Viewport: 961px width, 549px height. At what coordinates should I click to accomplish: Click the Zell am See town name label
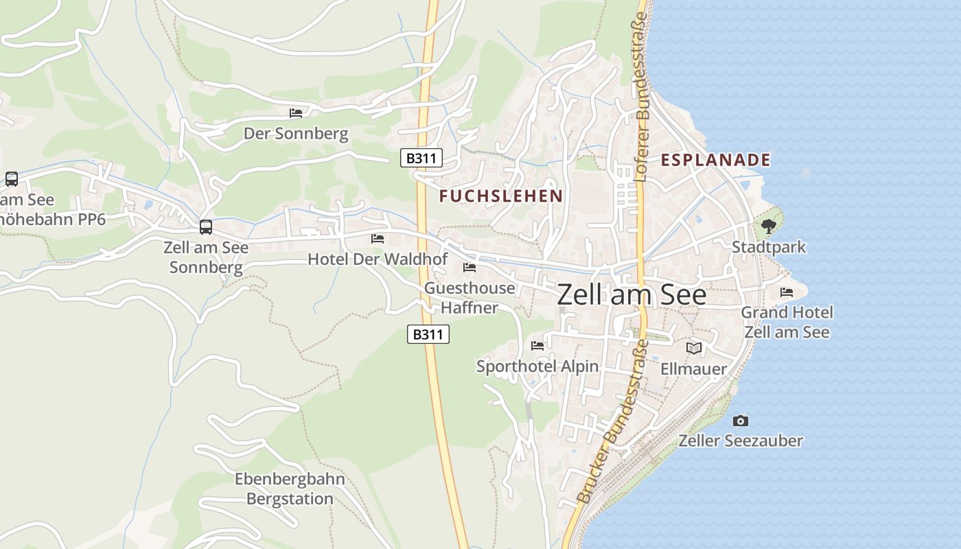tap(632, 294)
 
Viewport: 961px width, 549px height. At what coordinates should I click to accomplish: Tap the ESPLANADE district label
tap(715, 161)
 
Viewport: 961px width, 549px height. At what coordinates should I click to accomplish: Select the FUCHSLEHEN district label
tap(501, 196)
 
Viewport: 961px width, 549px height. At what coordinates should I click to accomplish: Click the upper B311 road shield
tap(421, 159)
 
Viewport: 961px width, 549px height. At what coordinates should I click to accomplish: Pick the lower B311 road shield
tap(428, 335)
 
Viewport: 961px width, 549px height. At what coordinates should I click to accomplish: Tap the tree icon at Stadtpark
tap(768, 226)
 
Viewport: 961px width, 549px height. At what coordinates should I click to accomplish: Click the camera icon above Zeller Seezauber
tap(741, 421)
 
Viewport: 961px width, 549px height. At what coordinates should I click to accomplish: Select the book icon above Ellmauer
tap(694, 349)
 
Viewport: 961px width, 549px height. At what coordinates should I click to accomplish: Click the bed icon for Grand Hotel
tap(787, 292)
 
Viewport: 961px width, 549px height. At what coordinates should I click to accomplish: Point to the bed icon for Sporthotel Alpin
tap(537, 346)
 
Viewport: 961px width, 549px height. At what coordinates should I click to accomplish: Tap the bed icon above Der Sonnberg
tap(296, 113)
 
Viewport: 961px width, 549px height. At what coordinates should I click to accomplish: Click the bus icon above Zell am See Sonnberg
tap(206, 227)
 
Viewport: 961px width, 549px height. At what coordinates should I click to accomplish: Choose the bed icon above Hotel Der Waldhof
tap(378, 239)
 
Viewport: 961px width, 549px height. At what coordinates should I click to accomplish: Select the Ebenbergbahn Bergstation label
tap(290, 489)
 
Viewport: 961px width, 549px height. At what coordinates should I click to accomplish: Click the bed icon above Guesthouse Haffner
tap(470, 268)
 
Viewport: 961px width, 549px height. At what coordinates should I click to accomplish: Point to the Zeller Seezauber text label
tap(741, 441)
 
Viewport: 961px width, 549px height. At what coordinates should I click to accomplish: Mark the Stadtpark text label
tap(768, 247)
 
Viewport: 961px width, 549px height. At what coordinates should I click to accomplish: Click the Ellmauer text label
tap(693, 369)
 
